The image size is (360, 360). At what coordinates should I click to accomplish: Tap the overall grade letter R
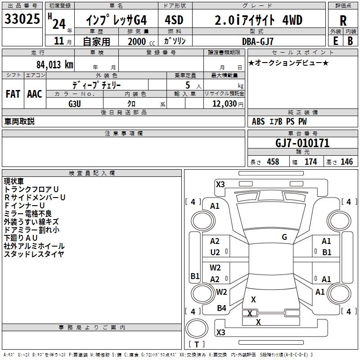[x=343, y=21]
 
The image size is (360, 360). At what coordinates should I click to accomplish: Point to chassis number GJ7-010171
[x=302, y=144]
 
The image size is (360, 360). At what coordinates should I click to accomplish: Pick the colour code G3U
[x=75, y=103]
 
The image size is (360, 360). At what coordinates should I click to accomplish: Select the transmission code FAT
[x=13, y=94]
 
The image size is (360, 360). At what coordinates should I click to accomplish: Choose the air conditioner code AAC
[x=35, y=94]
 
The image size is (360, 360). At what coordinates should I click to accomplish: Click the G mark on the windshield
[x=284, y=237]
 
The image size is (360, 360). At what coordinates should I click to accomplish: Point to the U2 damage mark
[x=215, y=252]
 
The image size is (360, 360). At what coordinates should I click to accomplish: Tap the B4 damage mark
[x=221, y=308]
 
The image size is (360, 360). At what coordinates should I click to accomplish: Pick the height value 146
[x=346, y=162]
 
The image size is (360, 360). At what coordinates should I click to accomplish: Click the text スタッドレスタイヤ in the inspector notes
[x=34, y=254]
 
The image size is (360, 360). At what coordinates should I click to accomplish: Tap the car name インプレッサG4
[x=116, y=21]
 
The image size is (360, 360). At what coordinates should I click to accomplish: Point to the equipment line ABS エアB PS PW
[x=273, y=121]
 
